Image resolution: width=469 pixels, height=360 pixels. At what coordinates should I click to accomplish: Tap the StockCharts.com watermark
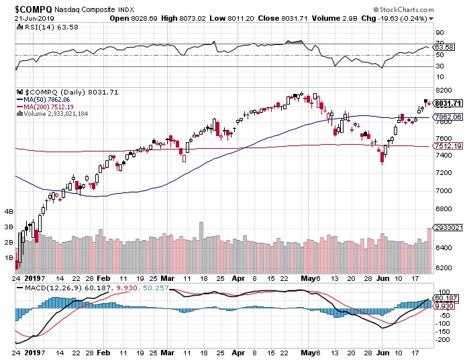click(427, 9)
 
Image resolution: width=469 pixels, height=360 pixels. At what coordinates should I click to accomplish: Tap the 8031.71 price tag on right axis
click(448, 103)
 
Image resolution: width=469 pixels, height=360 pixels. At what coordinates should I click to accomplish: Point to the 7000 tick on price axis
click(444, 190)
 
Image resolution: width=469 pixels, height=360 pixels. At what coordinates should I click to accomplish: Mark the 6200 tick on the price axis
click(444, 267)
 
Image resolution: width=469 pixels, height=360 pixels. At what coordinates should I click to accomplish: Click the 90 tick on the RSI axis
click(440, 32)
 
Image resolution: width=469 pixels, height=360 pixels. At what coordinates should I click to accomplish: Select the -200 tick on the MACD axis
click(442, 340)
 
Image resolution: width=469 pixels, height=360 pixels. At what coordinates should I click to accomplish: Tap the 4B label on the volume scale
click(9, 211)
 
